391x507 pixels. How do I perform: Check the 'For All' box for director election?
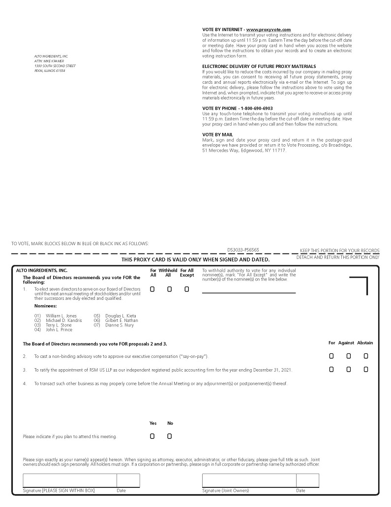(x=152, y=289)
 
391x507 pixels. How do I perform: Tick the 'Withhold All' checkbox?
(x=169, y=289)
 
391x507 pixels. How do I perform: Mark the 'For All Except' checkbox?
(x=186, y=289)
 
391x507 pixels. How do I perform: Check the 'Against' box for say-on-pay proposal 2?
(x=348, y=356)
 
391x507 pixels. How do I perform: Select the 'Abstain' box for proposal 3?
(x=365, y=370)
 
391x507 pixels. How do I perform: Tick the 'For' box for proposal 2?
(x=331, y=356)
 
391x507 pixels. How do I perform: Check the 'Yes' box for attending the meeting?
(x=152, y=436)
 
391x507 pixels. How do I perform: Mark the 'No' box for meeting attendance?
(x=169, y=436)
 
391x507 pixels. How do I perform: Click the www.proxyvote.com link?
(x=269, y=30)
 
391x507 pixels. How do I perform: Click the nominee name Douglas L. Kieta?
(x=120, y=316)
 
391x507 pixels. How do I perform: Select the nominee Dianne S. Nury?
(x=119, y=325)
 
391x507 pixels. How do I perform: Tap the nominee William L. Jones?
(x=61, y=316)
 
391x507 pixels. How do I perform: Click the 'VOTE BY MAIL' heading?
(x=218, y=134)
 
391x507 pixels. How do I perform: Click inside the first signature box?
(x=69, y=480)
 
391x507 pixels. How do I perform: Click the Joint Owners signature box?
(x=249, y=480)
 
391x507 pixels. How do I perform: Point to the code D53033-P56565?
(x=243, y=250)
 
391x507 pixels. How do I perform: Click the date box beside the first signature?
(x=128, y=480)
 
